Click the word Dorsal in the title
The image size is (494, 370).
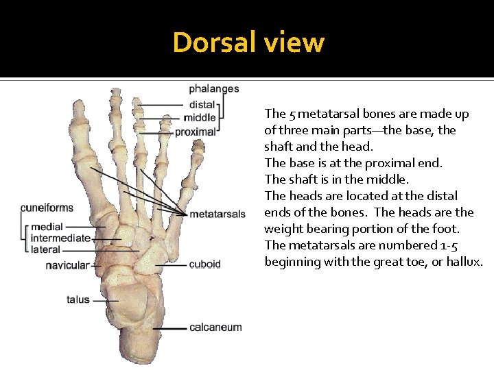tap(214, 42)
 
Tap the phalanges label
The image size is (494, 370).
tap(214, 88)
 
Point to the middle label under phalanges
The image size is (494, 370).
tap(200, 118)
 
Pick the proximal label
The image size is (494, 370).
tap(196, 132)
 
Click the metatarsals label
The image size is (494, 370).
tap(217, 214)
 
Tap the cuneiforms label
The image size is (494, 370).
tap(47, 208)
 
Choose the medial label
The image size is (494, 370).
tap(47, 227)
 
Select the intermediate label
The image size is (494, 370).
tap(60, 238)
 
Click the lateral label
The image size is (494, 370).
tap(45, 250)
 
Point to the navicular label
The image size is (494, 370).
tap(67, 265)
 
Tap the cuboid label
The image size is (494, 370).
tap(204, 264)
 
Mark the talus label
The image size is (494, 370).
tap(78, 299)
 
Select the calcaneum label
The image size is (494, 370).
tap(215, 328)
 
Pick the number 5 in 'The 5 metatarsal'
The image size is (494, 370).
tap(292, 114)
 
